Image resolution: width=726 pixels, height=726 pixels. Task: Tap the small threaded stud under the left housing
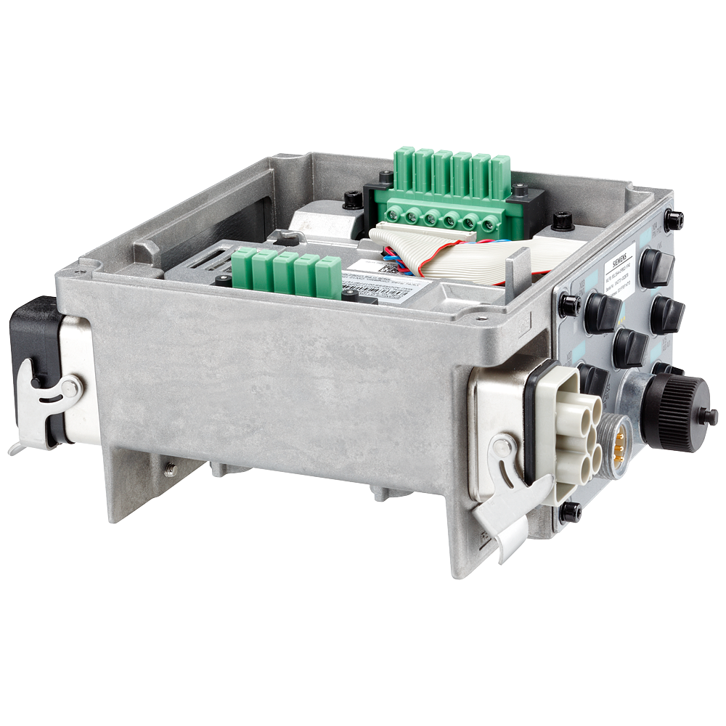pos(169,470)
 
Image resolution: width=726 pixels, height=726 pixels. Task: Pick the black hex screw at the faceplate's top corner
pos(673,219)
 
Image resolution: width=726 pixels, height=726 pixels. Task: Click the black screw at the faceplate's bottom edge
pos(570,511)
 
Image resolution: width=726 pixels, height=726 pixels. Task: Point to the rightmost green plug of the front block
pos(328,277)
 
